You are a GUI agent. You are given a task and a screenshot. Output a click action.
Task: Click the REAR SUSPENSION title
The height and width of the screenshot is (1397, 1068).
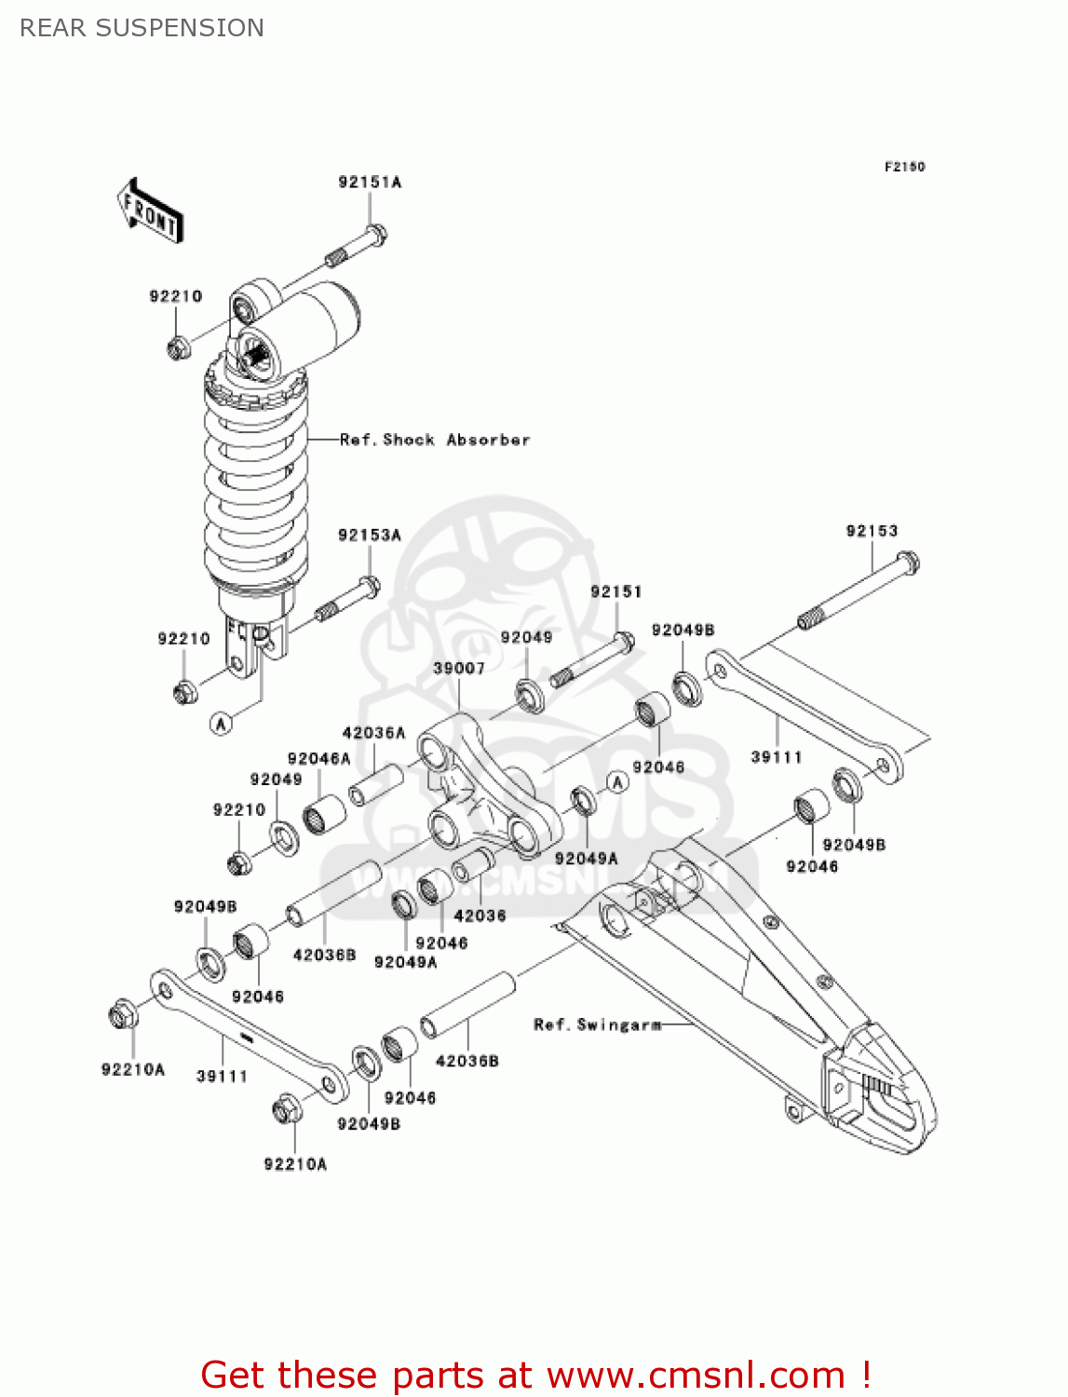point(142,28)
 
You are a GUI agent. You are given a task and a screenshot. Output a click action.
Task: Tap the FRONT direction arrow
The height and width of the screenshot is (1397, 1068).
point(150,211)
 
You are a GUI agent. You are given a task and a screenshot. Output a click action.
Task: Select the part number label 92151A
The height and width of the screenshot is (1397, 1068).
point(370,183)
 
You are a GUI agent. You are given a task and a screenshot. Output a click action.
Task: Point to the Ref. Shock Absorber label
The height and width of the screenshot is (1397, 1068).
point(435,440)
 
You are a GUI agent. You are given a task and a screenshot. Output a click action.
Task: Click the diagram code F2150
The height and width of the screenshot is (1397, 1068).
point(904,167)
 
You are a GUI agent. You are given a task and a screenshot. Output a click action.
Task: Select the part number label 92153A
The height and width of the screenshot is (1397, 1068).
point(370,536)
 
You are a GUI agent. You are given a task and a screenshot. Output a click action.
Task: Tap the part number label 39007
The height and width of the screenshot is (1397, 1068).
point(459,669)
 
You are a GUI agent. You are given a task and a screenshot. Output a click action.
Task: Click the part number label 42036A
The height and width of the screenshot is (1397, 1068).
point(374,733)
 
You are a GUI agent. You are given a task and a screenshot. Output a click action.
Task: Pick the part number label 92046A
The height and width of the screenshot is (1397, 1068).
point(318,759)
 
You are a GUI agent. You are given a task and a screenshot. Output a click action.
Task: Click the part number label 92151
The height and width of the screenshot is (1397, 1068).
point(616,592)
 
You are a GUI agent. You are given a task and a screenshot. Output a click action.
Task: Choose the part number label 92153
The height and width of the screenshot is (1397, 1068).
point(872,531)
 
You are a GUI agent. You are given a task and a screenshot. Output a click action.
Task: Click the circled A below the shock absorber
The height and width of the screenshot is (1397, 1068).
point(222,724)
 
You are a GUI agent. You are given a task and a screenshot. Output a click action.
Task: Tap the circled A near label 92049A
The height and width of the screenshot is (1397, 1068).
point(618,783)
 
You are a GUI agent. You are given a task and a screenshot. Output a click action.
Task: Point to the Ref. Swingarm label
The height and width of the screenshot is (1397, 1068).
point(597,1025)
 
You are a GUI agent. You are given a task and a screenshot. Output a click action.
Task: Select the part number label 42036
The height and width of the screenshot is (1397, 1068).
point(480,916)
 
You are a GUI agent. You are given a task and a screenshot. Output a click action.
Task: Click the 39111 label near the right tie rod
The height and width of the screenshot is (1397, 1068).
point(777,757)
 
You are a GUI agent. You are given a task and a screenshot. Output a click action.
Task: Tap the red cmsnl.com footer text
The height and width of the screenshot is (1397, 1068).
point(535,1375)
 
